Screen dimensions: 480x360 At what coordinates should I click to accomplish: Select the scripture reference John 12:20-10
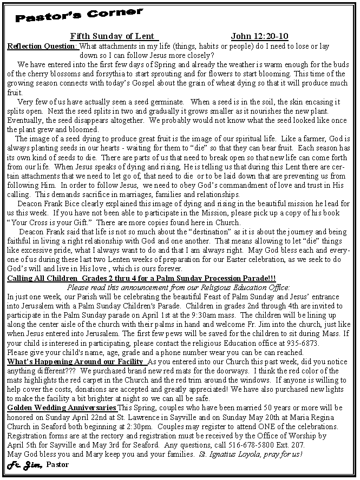point(259,36)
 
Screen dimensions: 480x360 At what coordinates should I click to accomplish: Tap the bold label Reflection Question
point(42,46)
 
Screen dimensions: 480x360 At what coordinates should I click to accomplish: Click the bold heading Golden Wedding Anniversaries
point(61,407)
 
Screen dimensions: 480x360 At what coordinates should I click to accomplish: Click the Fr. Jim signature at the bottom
point(24,464)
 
